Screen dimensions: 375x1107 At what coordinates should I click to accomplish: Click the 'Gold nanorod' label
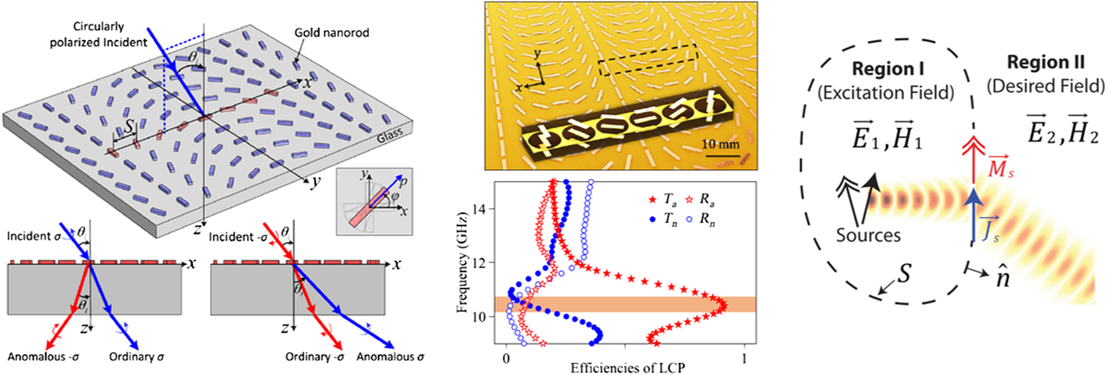(x=332, y=32)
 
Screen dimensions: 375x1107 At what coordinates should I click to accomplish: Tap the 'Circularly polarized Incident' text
(x=99, y=34)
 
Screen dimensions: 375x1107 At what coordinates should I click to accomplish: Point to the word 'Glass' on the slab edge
(x=390, y=134)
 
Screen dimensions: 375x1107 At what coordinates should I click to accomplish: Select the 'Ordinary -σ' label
(x=315, y=357)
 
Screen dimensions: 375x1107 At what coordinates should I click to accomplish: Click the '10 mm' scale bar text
(x=720, y=144)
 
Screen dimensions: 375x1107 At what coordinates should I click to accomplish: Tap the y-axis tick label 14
(x=479, y=209)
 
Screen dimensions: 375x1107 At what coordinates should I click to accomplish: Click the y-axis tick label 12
(x=479, y=263)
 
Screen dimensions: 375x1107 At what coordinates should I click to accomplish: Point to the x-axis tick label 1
(x=744, y=359)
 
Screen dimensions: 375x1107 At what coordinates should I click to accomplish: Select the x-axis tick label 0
(x=506, y=359)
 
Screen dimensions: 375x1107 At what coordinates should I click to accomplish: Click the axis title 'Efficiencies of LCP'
(x=627, y=368)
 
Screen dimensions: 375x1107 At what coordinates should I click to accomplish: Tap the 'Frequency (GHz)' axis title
(x=462, y=262)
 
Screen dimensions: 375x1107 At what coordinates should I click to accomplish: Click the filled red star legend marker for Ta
(x=653, y=200)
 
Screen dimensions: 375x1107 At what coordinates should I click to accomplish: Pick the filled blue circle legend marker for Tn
(x=653, y=219)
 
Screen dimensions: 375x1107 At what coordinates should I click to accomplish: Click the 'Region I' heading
(x=887, y=69)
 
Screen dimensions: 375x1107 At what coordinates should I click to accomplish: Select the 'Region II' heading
(x=1046, y=62)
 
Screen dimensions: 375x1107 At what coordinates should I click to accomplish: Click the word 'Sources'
(x=868, y=235)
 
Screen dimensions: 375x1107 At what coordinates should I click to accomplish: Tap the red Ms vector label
(x=1000, y=167)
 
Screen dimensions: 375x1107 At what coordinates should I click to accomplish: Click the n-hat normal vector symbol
(x=1002, y=276)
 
